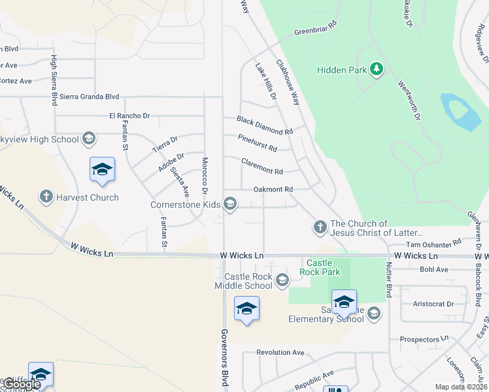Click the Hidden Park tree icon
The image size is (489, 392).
pos(376,69)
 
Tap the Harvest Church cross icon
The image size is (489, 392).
pos(46,197)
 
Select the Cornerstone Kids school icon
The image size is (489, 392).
pos(229,204)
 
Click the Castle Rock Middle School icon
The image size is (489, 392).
pos(282,281)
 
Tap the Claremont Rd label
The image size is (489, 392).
pos(261,166)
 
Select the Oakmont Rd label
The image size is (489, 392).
pos(273,189)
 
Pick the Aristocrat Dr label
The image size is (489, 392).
pos(433,304)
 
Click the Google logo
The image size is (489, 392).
pos(21,384)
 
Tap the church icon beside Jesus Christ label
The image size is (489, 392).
pos(320,227)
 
